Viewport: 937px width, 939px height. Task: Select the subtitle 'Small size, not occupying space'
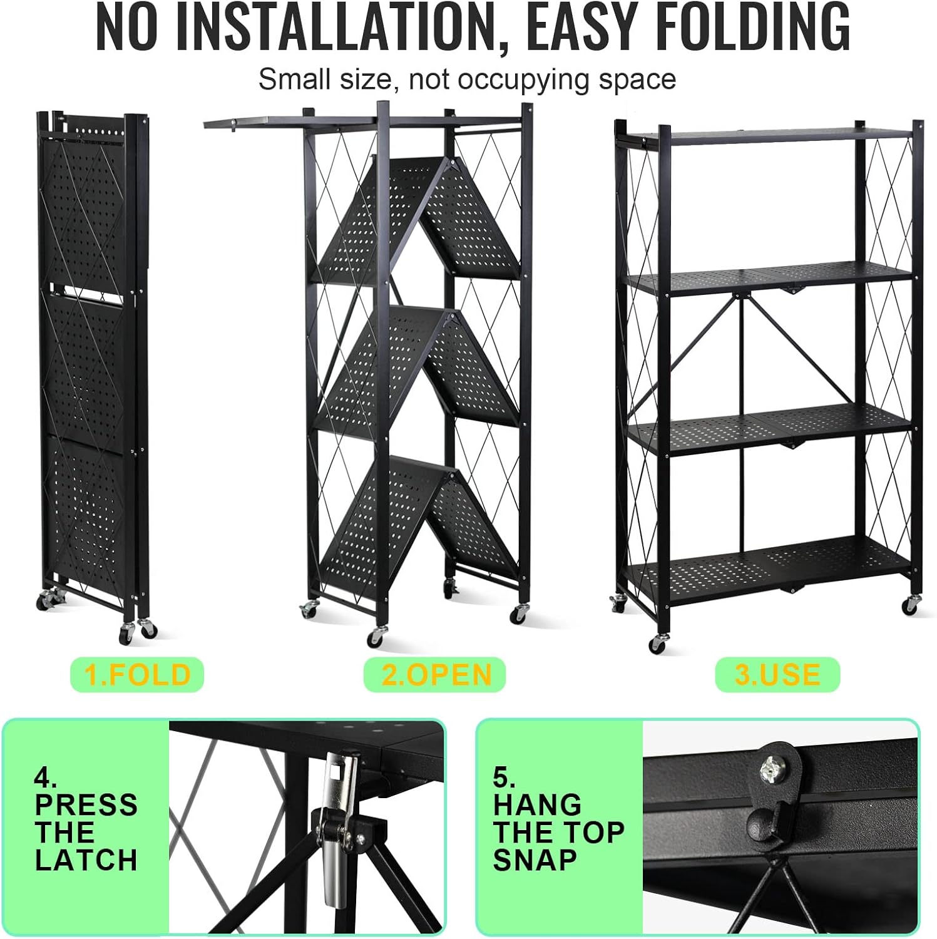[x=467, y=80]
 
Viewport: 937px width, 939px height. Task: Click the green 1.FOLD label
[x=137, y=675]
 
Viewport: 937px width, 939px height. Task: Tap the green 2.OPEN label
[x=435, y=675]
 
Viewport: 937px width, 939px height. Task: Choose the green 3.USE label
[x=777, y=675]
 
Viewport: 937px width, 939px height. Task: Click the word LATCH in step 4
[x=86, y=860]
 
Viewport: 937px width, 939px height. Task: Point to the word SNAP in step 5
[x=535, y=860]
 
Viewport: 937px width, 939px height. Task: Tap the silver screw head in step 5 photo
[x=771, y=767]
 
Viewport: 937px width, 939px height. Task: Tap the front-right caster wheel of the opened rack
[x=911, y=605]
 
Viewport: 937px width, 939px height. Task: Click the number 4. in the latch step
[x=46, y=777]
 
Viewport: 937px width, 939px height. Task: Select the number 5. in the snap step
[x=504, y=777]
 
